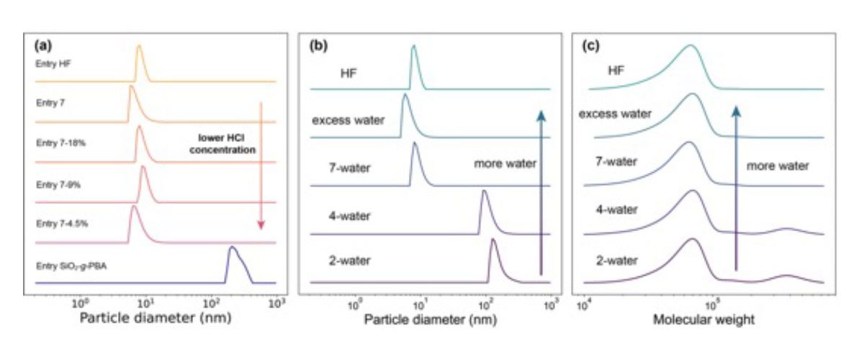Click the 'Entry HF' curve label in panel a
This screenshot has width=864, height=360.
(53, 63)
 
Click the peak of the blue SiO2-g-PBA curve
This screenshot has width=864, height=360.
(232, 248)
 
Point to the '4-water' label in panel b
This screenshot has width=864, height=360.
(351, 213)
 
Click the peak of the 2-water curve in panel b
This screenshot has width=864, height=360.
(493, 240)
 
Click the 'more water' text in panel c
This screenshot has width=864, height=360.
(778, 166)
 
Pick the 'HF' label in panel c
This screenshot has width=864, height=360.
(616, 70)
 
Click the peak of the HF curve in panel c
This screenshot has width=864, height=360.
(690, 45)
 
